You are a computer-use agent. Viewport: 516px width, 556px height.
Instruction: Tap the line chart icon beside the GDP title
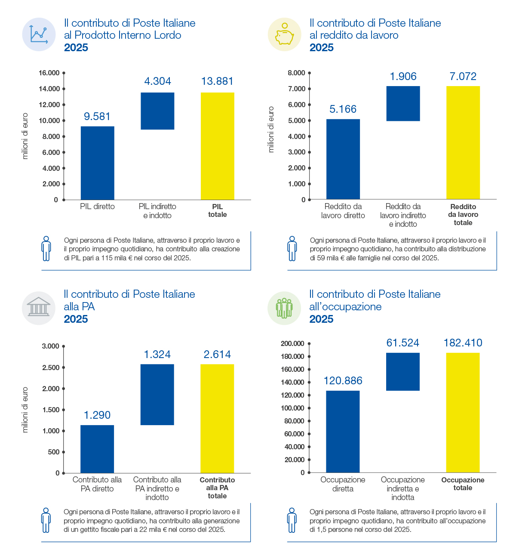(39, 34)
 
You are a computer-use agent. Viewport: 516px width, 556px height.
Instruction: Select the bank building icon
(39, 306)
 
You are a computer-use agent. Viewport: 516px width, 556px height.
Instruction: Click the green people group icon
(284, 308)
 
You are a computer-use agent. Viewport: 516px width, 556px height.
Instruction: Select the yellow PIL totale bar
(218, 146)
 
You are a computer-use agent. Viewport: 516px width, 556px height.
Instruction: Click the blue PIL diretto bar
(97, 163)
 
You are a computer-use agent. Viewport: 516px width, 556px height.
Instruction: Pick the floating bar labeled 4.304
(157, 111)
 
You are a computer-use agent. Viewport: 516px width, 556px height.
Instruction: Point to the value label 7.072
(463, 76)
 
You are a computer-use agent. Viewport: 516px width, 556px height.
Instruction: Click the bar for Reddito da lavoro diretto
(343, 159)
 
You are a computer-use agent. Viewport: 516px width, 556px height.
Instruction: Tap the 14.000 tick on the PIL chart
(64, 89)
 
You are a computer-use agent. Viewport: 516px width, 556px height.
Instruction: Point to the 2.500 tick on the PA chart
(64, 368)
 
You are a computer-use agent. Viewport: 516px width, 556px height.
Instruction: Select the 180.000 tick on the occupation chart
(309, 356)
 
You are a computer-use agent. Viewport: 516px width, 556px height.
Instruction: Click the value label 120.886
(343, 380)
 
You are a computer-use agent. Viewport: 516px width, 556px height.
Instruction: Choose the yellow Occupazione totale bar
(463, 413)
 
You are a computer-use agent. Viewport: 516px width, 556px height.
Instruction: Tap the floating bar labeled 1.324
(157, 395)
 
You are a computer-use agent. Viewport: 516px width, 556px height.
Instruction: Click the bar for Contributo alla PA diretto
(97, 449)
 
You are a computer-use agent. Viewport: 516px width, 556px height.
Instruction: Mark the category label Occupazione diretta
(343, 484)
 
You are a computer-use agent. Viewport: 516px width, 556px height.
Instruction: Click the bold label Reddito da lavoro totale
(463, 214)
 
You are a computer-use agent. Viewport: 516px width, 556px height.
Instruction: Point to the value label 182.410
(463, 343)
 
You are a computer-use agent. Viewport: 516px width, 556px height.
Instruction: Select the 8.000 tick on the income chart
(310, 73)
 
